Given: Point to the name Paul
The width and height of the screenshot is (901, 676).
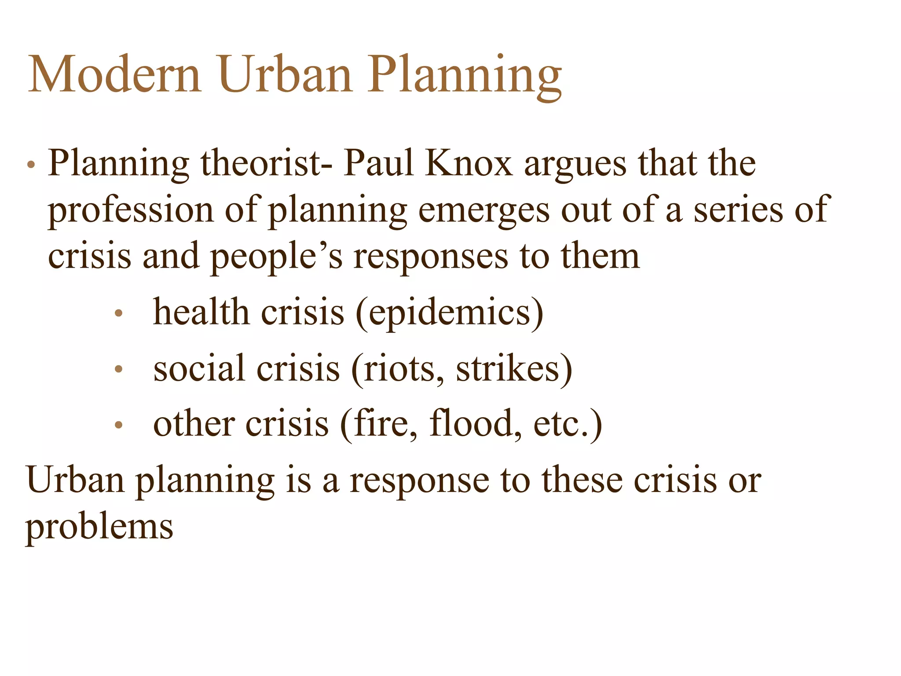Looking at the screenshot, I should click(379, 164).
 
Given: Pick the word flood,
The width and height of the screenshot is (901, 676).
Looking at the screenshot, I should click(475, 424).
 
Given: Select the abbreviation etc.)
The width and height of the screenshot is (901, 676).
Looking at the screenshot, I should click(568, 424).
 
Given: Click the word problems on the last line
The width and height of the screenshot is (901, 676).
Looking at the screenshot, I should click(99, 527).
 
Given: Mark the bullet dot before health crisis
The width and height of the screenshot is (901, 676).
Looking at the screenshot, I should click(118, 314).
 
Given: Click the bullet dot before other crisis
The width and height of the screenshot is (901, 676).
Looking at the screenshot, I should click(118, 425).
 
